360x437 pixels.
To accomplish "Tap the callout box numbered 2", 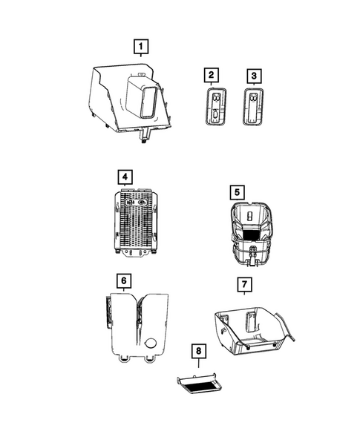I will click(x=212, y=76).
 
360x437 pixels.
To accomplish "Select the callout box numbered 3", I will click(x=253, y=76).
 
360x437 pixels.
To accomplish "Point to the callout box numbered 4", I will click(x=125, y=177).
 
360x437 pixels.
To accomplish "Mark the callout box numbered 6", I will click(x=125, y=280).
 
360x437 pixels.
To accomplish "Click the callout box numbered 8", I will click(x=200, y=349).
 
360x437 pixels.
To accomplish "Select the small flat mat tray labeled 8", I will click(x=198, y=384).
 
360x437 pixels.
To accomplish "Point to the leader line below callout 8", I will click(x=200, y=364).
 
